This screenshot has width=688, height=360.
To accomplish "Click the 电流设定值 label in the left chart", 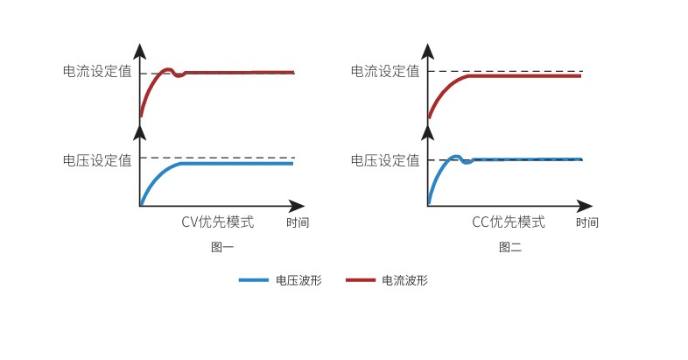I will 97,72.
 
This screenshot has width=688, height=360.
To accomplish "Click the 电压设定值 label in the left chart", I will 97,160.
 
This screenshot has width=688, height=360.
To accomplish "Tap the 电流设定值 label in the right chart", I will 385,71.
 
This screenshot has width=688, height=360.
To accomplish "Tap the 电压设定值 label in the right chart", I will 385,160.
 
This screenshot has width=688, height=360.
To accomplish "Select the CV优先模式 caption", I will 218,222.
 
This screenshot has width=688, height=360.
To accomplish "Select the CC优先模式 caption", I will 509,222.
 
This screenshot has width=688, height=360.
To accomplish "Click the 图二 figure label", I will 510,247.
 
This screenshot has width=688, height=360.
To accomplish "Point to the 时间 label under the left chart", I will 298,222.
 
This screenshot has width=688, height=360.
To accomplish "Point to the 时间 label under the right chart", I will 587,222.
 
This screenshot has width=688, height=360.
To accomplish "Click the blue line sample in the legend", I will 253,280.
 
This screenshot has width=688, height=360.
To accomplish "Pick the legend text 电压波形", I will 298,280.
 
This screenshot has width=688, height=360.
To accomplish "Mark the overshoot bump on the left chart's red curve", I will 169,69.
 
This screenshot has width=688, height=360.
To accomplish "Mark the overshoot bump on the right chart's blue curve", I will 455,157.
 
